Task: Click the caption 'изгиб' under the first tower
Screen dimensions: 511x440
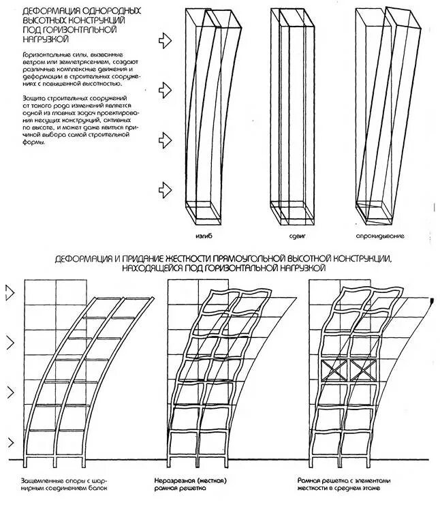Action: tap(203, 236)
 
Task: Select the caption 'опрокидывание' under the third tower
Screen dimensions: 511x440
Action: tap(379, 236)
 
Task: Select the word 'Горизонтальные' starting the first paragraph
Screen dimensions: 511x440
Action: tap(45, 53)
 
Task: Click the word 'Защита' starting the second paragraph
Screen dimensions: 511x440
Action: tap(36, 98)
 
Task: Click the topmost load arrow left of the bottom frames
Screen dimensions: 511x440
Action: tap(9, 294)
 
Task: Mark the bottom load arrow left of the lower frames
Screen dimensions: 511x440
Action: tap(9, 443)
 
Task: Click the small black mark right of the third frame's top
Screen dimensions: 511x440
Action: tap(432, 300)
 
